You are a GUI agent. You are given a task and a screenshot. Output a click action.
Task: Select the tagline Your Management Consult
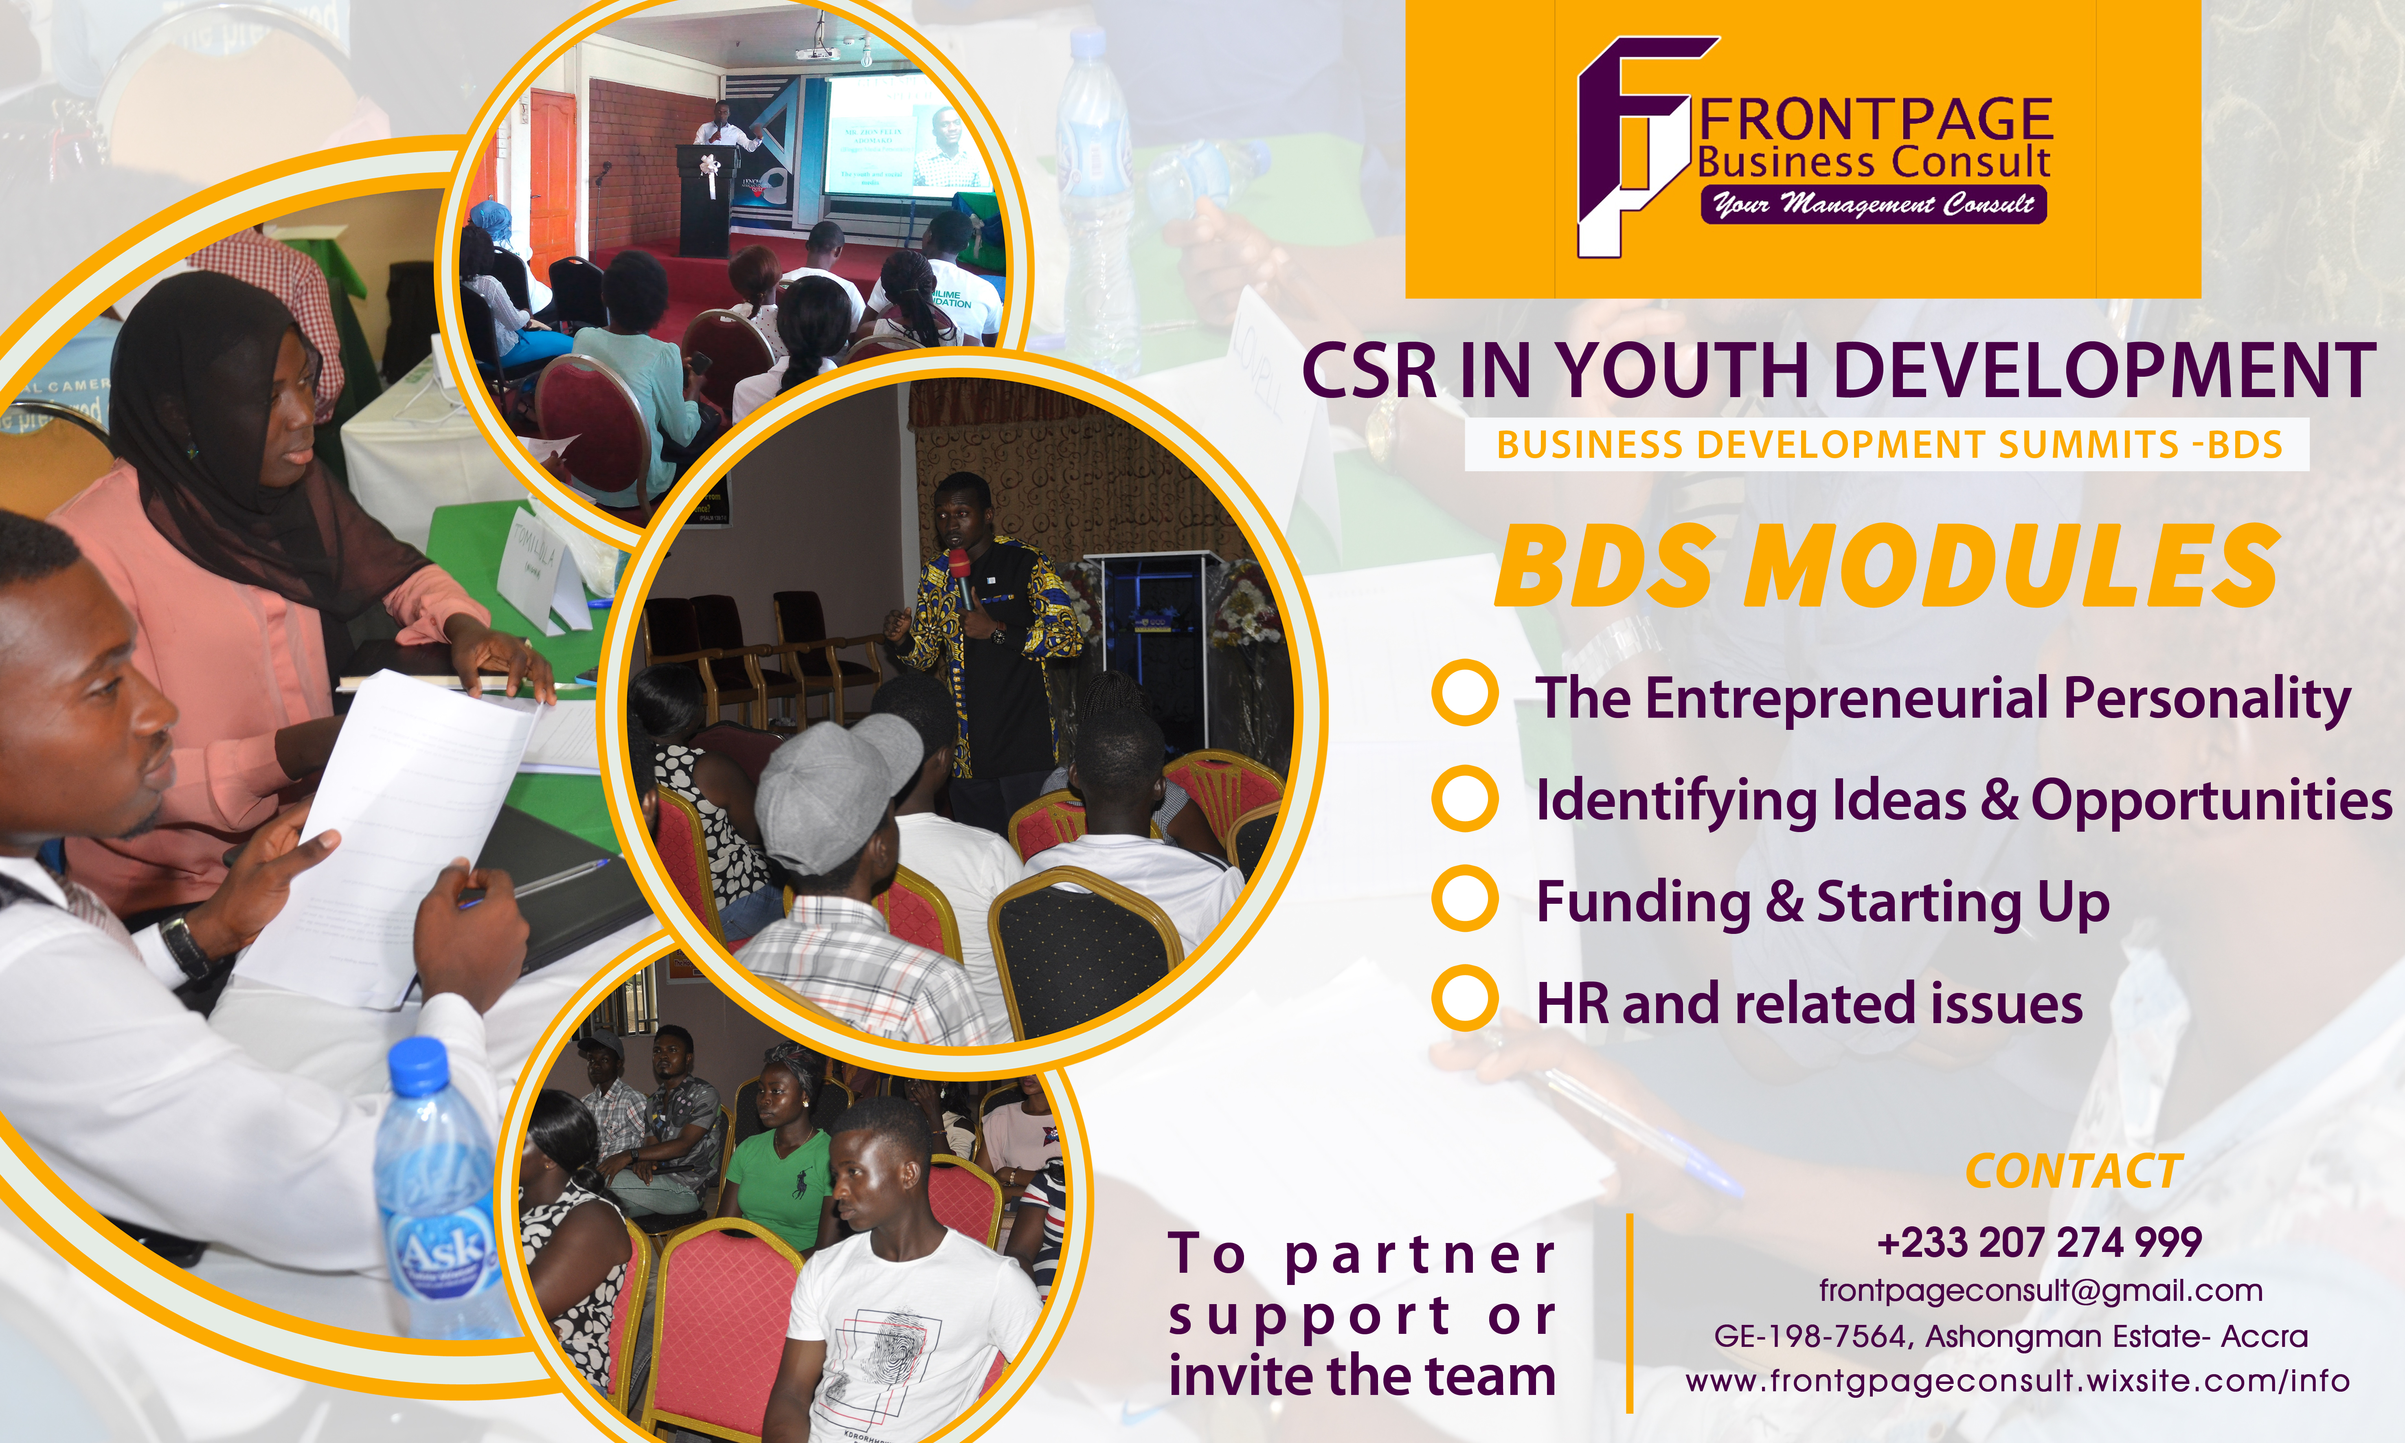point(1873,204)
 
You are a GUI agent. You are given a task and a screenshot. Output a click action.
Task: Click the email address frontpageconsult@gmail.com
point(2041,1291)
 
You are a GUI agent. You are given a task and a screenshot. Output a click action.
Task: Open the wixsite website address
point(2017,1381)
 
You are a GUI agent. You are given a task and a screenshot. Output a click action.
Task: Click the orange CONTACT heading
point(2074,1172)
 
